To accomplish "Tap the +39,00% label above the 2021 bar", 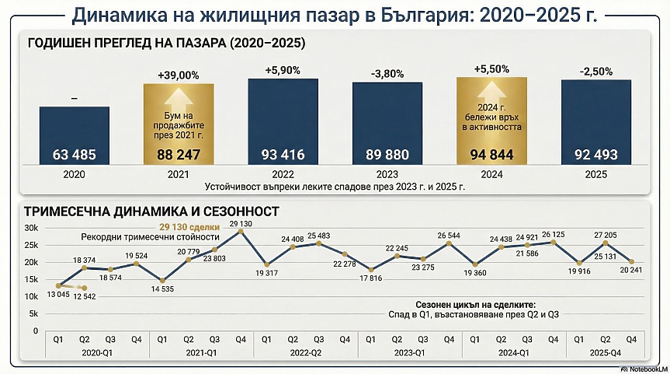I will click(178, 75).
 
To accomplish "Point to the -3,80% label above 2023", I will click(386, 74).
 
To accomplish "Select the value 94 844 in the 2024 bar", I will click(491, 154).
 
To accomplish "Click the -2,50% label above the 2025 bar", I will click(595, 72).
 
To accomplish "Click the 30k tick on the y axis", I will click(31, 228).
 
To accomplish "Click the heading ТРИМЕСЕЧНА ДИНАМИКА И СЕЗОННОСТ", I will click(151, 211).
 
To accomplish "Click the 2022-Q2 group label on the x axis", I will click(305, 352).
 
